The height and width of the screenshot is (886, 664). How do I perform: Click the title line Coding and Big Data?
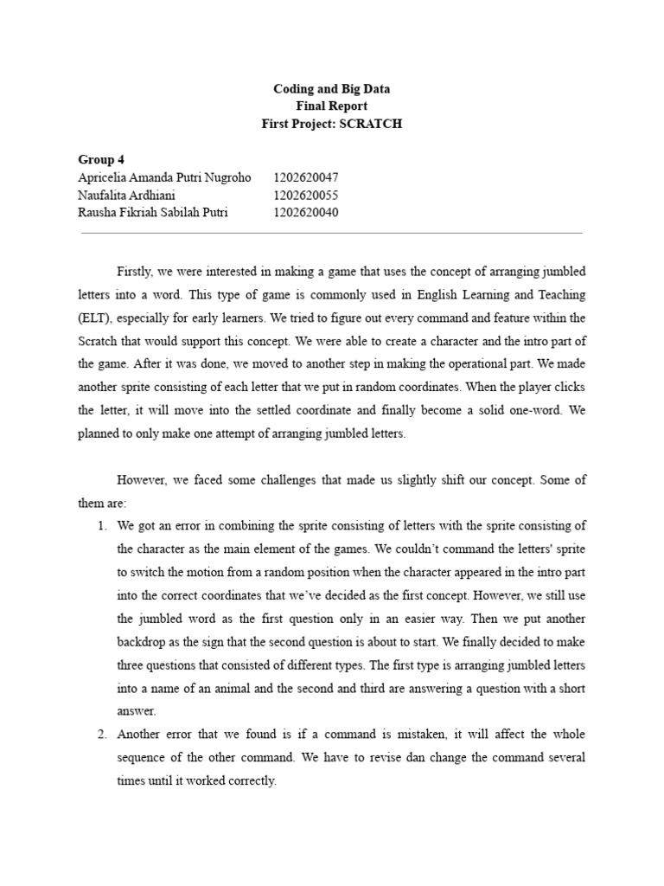[x=332, y=89]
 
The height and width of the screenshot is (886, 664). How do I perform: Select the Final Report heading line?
[x=332, y=106]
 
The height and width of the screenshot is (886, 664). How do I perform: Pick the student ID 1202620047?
[x=306, y=177]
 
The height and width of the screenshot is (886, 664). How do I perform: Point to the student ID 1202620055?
[x=306, y=195]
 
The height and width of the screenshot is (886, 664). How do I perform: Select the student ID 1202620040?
[x=306, y=212]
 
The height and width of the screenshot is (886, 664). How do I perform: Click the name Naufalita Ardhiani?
[x=126, y=195]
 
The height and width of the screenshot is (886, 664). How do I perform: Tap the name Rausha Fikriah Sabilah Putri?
[x=153, y=212]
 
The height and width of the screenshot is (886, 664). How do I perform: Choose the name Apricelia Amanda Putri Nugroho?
[x=164, y=177]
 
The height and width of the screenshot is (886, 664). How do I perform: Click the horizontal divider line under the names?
[x=332, y=233]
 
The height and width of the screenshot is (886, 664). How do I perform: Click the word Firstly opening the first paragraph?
[x=137, y=273]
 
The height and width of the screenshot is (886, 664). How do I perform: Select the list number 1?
[x=100, y=525]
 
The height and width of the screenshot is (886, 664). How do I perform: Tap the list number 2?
[x=100, y=734]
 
